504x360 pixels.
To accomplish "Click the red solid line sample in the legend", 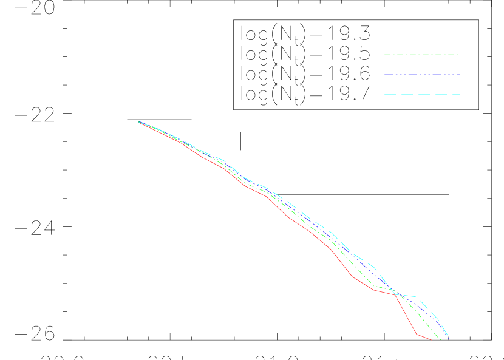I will (422, 35).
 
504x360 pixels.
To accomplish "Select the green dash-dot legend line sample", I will (422, 55).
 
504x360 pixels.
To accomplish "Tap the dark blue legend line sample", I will (422, 75).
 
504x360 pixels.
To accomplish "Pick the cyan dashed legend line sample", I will (422, 95).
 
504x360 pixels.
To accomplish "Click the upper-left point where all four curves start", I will (138, 122).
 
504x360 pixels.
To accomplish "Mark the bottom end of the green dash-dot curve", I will (441, 340).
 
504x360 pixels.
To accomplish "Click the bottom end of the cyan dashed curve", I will (448, 336).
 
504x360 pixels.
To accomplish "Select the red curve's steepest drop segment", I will (406, 314).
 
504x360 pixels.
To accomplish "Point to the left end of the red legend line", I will (384, 35).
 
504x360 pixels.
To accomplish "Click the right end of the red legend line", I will (460, 35).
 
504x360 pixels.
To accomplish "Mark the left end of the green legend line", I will (384, 55).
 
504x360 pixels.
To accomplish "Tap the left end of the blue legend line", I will (384, 75).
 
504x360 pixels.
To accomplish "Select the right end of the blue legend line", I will (460, 75).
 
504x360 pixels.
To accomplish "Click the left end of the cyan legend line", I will (384, 95).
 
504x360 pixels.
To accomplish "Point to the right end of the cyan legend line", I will (460, 95).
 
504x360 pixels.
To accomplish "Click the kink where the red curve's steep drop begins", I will (395, 295).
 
